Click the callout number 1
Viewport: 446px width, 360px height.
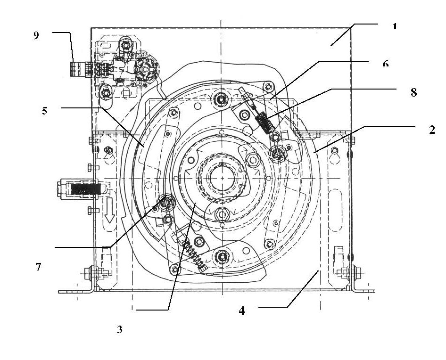(394, 26)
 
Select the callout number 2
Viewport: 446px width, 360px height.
(432, 130)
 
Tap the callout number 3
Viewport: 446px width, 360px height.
(119, 329)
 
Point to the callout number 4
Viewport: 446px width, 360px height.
(241, 311)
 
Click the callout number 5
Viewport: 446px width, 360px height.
(45, 111)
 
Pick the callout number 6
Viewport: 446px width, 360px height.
(385, 64)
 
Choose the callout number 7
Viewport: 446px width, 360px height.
(38, 267)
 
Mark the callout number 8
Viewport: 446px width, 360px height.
(413, 92)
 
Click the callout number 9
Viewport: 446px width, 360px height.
(36, 35)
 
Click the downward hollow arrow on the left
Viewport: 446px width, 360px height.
(109, 211)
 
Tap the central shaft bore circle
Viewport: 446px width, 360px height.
(222, 178)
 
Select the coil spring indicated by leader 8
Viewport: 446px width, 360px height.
(265, 122)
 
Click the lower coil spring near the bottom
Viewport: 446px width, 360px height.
(193, 254)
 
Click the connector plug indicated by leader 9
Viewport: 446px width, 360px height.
(81, 69)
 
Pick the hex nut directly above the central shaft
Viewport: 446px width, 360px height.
(221, 99)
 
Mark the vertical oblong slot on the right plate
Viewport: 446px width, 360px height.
(335, 209)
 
